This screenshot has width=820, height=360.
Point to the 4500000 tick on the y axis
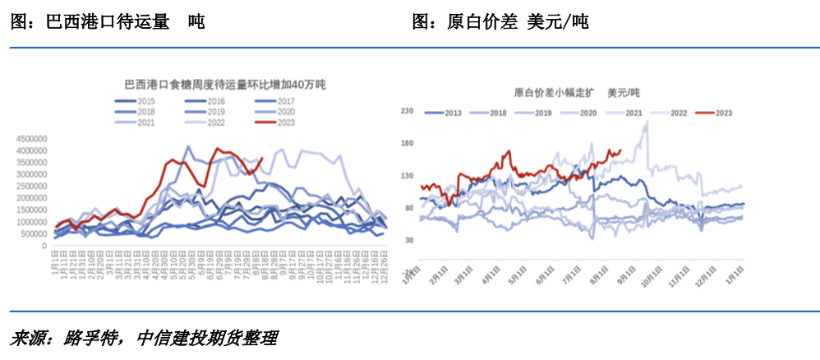(34, 139)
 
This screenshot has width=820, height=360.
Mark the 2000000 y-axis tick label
(34, 198)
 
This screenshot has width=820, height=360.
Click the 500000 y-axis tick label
(36, 234)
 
